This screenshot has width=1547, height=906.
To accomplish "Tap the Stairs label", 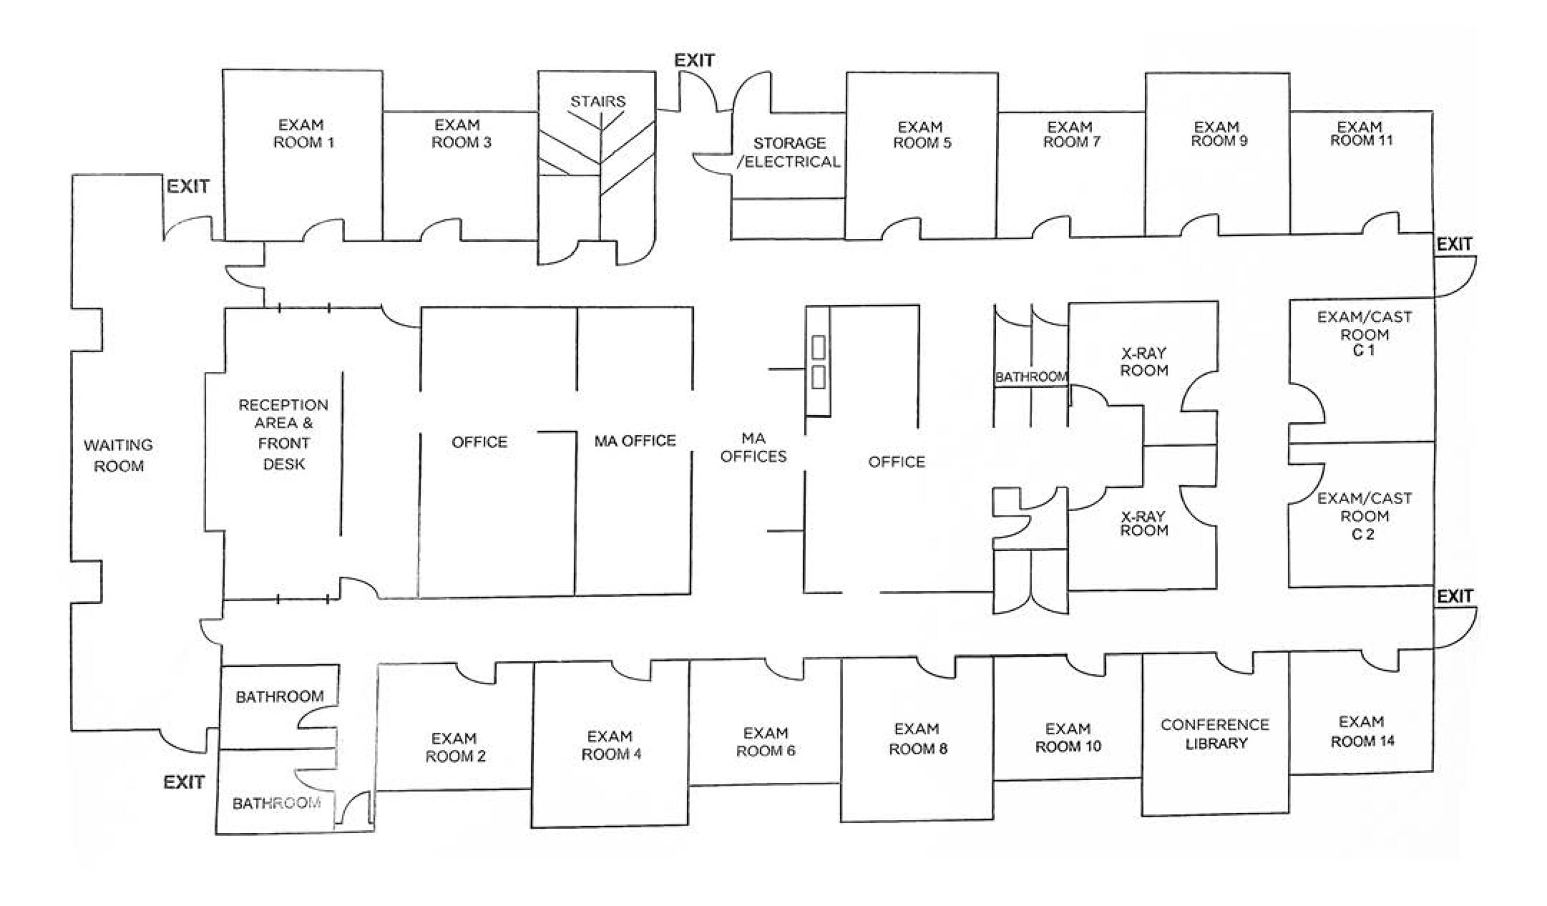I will tap(597, 101).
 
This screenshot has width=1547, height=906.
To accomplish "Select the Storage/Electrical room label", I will tap(789, 152).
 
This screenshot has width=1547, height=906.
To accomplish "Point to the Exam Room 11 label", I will tap(1361, 134).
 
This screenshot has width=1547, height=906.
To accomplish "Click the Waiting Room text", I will tap(119, 455).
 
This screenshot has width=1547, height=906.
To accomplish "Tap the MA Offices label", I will tap(753, 448).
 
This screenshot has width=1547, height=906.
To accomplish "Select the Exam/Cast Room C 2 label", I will tap(1364, 516).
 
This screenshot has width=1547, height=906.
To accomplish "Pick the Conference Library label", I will tap(1215, 734).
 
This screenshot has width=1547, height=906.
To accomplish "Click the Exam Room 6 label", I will tap(766, 742).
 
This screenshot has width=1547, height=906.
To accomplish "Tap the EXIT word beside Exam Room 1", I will tap(188, 187).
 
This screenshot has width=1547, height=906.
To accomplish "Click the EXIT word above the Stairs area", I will tap(694, 61).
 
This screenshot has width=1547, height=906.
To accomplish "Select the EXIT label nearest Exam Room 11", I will tap(1454, 244).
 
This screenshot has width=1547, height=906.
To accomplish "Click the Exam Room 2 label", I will tap(455, 747).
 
